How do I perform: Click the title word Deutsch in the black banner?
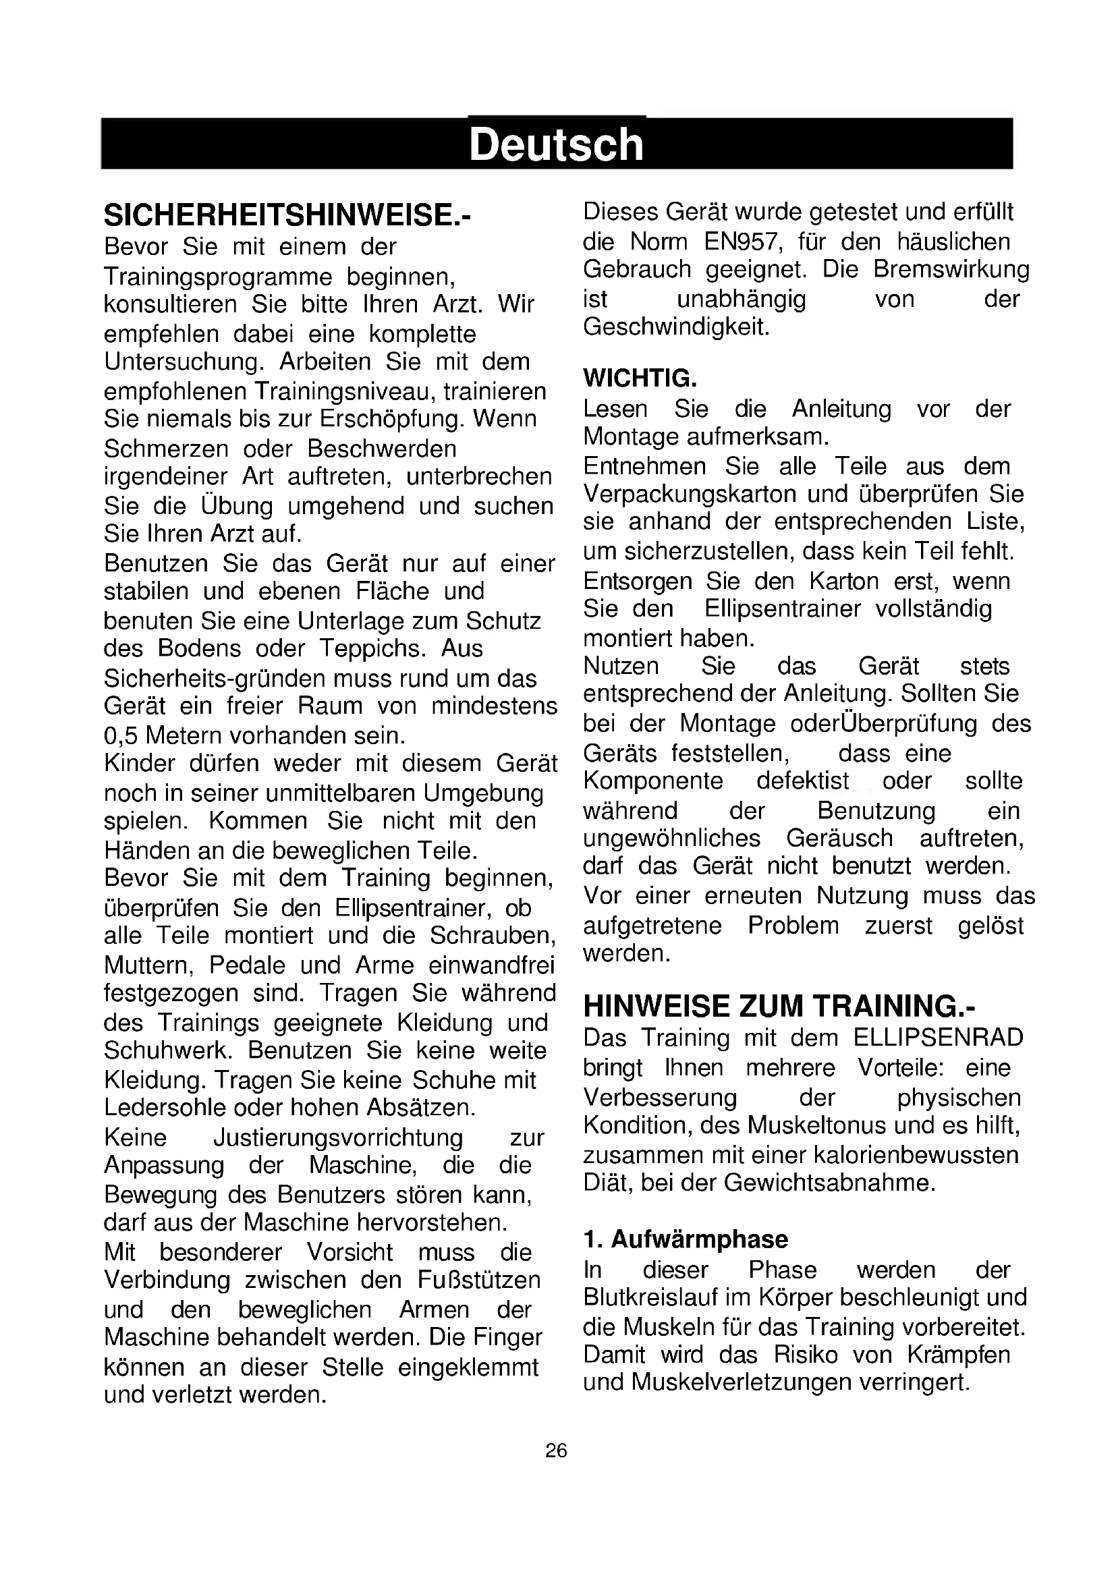(556, 145)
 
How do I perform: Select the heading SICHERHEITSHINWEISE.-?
(287, 216)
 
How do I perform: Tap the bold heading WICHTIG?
(640, 378)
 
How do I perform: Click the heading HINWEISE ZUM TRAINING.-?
(779, 1006)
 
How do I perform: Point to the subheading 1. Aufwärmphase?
(686, 1239)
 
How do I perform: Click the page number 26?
(556, 1450)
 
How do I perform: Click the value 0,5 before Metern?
(121, 736)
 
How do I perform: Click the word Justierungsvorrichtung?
(338, 1137)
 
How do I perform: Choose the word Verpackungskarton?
(692, 494)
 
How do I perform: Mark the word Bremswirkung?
(952, 269)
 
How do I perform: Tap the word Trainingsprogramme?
(218, 277)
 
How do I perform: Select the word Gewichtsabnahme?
(829, 1183)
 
